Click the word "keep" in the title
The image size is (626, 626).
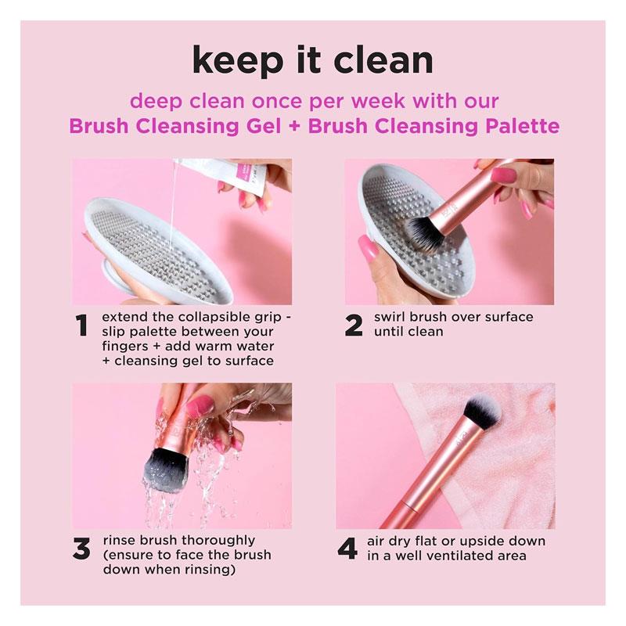tap(238, 61)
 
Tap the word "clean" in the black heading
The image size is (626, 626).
tap(383, 60)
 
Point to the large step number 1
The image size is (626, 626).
tap(81, 325)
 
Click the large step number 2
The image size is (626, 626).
tap(354, 325)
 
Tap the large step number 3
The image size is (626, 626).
tap(82, 549)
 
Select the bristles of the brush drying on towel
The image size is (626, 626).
tap(481, 412)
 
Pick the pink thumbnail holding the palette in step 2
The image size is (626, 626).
tap(368, 248)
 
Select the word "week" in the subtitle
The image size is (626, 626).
tap(378, 101)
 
